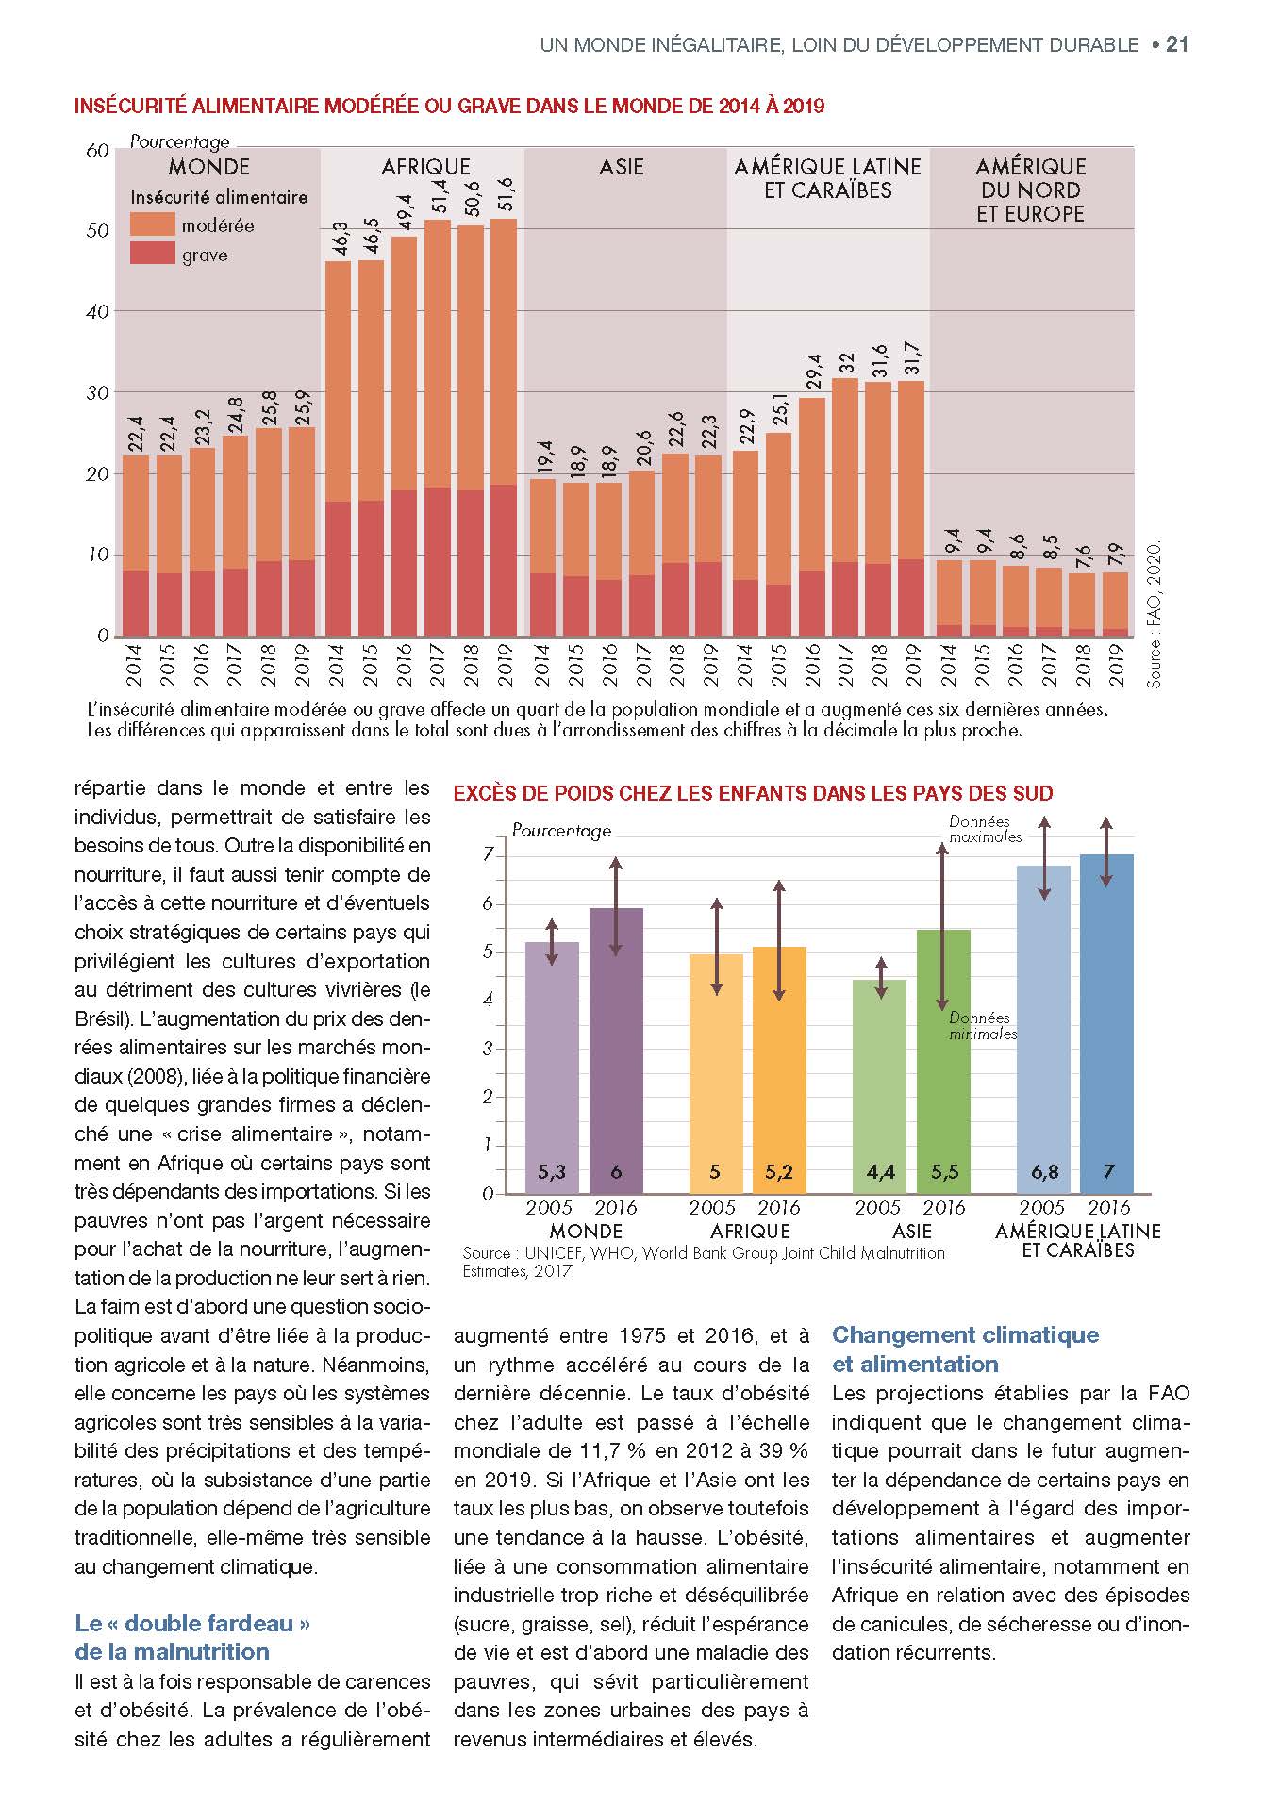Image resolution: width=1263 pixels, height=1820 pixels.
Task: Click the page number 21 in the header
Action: [1176, 44]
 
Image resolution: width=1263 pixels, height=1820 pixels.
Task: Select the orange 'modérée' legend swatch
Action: [152, 224]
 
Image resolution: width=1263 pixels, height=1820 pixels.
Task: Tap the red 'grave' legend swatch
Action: [152, 254]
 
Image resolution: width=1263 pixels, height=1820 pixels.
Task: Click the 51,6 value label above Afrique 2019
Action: [505, 196]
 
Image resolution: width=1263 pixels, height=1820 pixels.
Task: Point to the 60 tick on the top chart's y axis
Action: [96, 150]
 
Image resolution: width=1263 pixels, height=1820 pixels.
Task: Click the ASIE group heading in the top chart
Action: [622, 167]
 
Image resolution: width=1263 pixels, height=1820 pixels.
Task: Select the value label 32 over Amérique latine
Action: [847, 361]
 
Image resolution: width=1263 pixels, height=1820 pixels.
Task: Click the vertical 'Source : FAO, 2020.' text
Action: [1155, 613]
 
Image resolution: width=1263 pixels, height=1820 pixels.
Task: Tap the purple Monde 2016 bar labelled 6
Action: [616, 1047]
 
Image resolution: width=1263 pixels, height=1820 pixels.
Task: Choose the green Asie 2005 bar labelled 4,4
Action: [879, 1084]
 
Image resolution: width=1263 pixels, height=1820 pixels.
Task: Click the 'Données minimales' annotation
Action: [982, 1025]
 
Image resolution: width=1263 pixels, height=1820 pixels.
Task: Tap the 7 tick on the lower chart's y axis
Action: [488, 854]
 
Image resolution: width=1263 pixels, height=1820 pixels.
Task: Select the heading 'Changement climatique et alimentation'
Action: [965, 1348]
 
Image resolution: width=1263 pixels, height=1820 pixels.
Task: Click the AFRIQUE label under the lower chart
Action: [750, 1231]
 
